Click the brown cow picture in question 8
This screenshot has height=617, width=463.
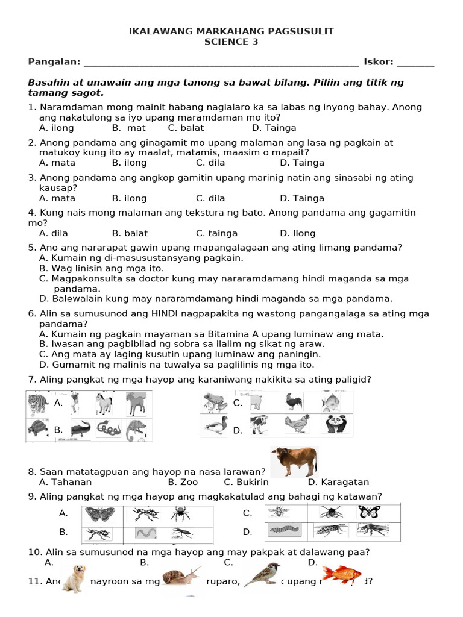(294, 462)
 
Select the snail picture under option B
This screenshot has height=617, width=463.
(181, 578)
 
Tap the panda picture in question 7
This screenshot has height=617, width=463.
(336, 425)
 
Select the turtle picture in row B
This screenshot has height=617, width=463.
(39, 429)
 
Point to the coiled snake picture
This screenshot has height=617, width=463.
(109, 429)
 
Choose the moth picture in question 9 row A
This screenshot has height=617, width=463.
(96, 513)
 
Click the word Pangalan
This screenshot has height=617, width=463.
(54, 62)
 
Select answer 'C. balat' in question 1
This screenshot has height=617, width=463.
(186, 128)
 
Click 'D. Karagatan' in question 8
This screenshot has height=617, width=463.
(338, 482)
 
